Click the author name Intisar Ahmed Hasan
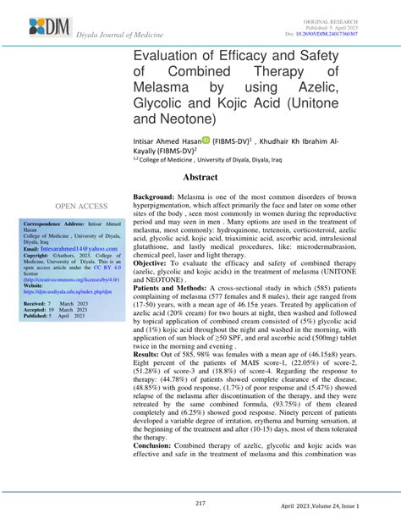[x=178, y=141]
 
